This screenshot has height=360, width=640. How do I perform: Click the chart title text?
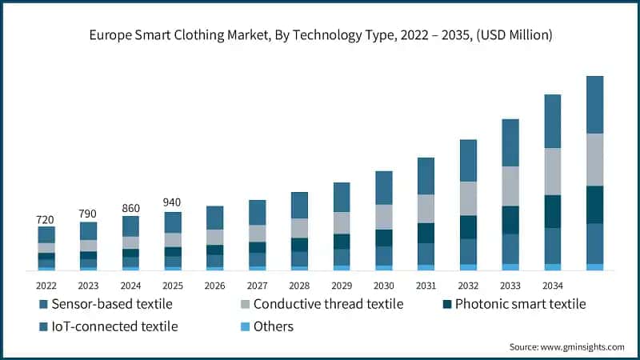coord(320,35)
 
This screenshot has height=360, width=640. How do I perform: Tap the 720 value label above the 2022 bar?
coord(46,219)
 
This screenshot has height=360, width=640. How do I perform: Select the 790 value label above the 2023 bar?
coord(89,214)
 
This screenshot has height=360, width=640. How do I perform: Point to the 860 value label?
coord(130,208)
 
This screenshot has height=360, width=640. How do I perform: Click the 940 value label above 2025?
coord(173,202)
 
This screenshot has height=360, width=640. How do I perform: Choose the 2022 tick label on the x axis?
coord(46,285)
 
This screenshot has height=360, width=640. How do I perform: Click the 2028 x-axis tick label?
coord(299,285)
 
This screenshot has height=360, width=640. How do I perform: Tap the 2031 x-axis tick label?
coord(426,285)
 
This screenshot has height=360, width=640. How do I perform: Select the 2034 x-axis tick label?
coord(552,285)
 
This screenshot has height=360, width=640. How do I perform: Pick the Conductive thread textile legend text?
coord(327,304)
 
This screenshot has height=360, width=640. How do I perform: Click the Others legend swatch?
coord(244,326)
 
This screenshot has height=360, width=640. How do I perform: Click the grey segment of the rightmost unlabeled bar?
coord(594,159)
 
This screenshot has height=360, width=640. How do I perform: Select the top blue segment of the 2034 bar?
coord(552,121)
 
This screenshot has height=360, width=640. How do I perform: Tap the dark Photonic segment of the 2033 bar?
coord(510,219)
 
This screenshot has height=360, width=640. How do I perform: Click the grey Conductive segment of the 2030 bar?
coord(384,217)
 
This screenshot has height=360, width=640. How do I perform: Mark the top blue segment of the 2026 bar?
coord(215,218)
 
